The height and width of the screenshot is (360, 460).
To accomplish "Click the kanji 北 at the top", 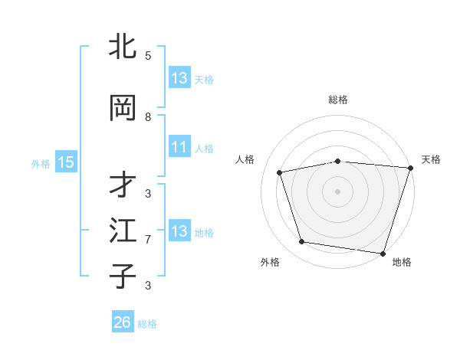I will [x=123, y=46].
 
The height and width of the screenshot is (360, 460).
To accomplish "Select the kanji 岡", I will [x=123, y=108].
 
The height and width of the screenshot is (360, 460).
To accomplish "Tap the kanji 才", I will [x=123, y=184].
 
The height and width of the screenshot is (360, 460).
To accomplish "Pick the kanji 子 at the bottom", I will [x=123, y=276].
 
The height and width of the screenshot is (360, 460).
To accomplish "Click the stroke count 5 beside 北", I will [x=148, y=56].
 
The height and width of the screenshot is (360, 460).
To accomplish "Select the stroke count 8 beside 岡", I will [x=148, y=117].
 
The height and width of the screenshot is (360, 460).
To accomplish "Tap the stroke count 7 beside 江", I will [x=148, y=240].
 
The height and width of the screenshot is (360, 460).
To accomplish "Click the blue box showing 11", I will [x=179, y=147].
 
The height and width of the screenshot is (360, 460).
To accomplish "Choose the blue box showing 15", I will [x=66, y=162].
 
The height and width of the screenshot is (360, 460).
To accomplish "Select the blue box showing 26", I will [x=122, y=322].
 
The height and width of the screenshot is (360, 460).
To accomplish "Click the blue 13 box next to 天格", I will [x=179, y=78].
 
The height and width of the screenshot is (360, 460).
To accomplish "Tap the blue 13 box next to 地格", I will [x=179, y=231].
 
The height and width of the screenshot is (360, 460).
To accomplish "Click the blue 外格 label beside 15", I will [x=41, y=163].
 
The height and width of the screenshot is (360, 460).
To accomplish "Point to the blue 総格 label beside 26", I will [x=147, y=324].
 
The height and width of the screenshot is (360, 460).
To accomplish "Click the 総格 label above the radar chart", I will [x=337, y=100].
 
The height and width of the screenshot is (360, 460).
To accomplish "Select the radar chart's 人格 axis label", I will [x=245, y=159].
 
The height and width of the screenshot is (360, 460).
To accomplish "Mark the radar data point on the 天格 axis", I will [x=410, y=168].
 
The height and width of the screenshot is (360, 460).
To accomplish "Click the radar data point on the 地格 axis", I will [x=383, y=253].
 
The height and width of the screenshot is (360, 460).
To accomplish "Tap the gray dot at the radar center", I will [x=337, y=191].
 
